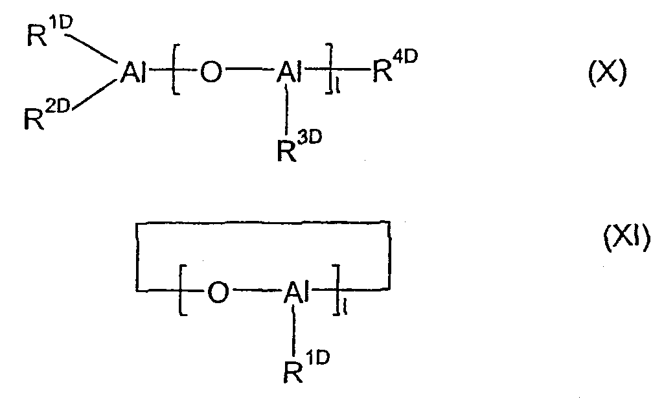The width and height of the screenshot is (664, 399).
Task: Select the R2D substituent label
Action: (x=47, y=113)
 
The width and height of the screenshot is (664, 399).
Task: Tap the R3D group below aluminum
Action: (x=299, y=146)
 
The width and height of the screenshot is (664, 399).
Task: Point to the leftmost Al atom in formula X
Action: (x=133, y=72)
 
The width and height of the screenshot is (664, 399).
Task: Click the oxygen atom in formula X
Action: (x=211, y=72)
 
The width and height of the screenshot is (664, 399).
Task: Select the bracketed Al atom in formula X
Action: (x=289, y=72)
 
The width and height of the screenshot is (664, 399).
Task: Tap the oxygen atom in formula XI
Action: (x=218, y=292)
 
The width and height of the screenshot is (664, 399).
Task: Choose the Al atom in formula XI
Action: (x=296, y=292)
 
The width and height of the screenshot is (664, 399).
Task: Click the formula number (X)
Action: (x=607, y=72)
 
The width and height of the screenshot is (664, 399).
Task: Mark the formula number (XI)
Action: (x=626, y=237)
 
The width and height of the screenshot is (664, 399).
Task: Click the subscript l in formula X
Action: (x=337, y=87)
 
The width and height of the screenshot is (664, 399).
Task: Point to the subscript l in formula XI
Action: (x=345, y=308)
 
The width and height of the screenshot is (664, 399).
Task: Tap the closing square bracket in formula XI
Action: (x=337, y=290)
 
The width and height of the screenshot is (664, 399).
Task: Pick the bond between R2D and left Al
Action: (x=93, y=96)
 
